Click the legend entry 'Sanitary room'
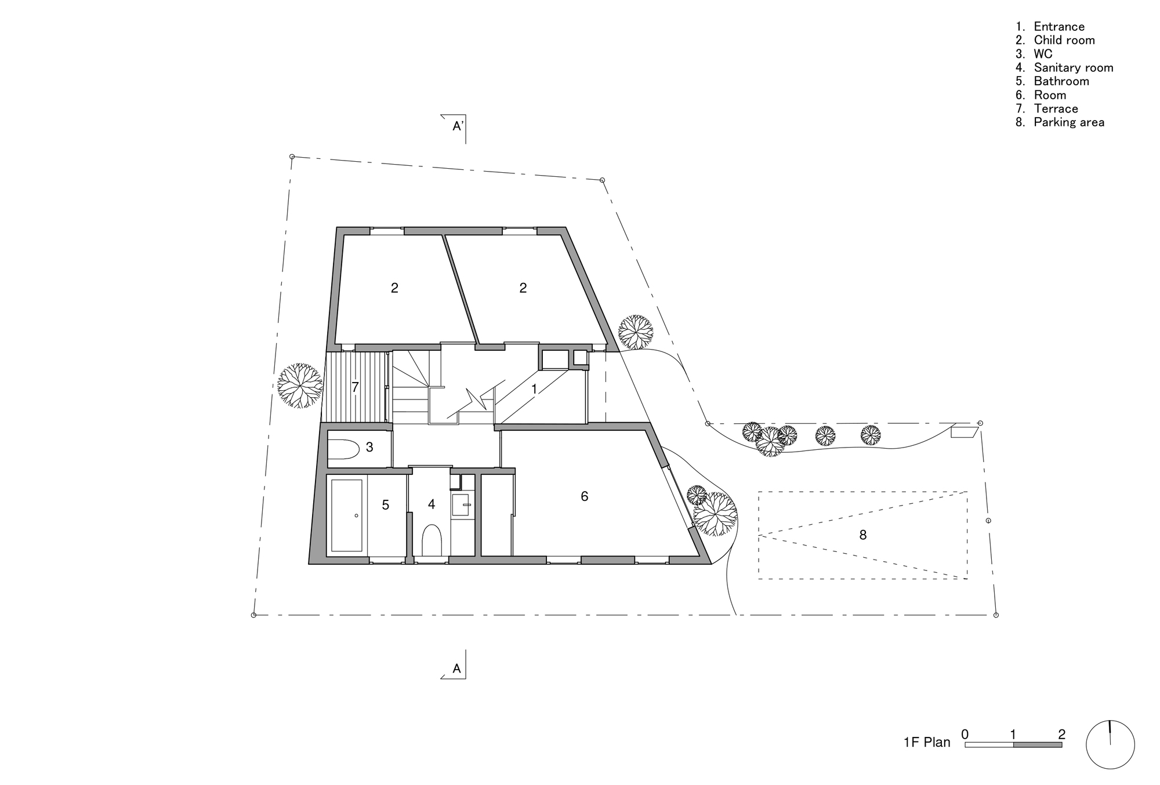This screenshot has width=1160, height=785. (1073, 68)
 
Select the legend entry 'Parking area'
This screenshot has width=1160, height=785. (1068, 122)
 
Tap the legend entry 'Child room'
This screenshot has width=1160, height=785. (1064, 40)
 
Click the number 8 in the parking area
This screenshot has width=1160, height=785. (862, 535)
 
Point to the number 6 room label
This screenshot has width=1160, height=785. (584, 496)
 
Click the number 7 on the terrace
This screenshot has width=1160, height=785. (355, 387)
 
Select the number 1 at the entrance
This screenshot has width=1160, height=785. (534, 389)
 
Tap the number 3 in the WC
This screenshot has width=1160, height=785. (369, 447)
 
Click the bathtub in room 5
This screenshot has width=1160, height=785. (347, 515)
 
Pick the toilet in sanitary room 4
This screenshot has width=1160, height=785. (432, 540)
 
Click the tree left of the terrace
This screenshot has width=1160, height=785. (299, 386)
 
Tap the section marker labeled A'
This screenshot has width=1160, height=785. (458, 126)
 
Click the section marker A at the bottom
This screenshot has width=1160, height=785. (457, 668)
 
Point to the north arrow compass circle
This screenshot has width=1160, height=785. (1110, 744)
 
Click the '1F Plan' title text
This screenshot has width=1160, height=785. (927, 743)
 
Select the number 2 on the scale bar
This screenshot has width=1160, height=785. (1061, 734)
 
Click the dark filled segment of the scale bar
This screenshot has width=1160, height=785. (1037, 745)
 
